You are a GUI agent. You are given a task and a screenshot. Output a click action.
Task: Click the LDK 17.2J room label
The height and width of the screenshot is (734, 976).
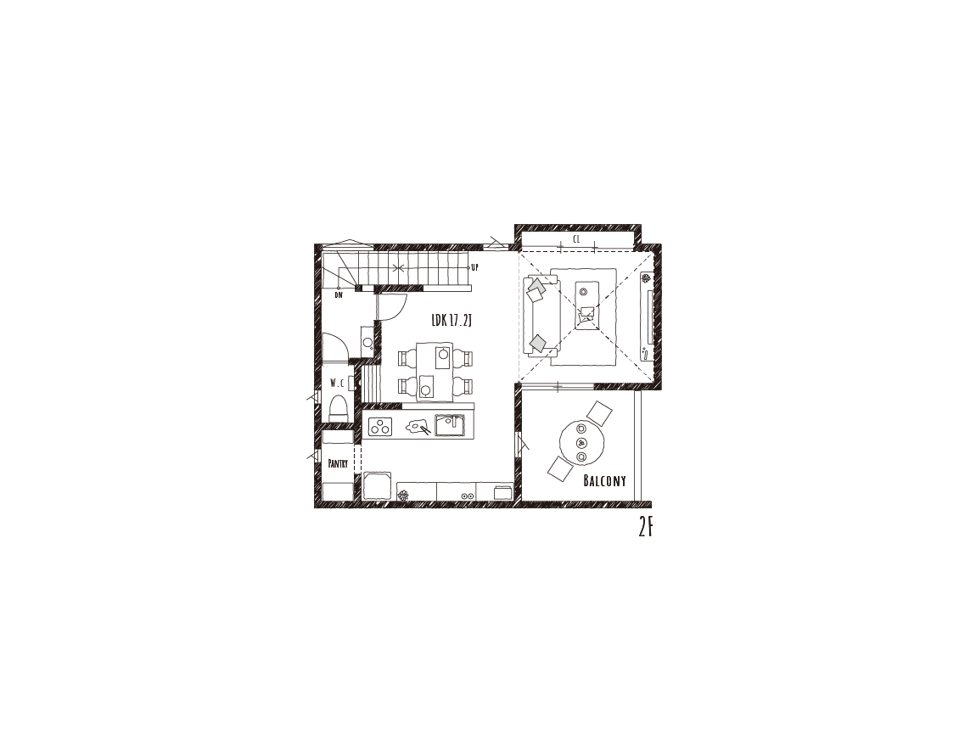(452, 321)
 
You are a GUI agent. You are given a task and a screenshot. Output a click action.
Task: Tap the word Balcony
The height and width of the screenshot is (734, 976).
(604, 480)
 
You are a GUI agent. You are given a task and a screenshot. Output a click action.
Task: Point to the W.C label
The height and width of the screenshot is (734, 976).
(337, 383)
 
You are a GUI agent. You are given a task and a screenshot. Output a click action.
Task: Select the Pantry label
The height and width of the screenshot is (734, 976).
(338, 463)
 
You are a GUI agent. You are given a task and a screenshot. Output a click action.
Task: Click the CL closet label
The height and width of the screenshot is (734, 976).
(576, 238)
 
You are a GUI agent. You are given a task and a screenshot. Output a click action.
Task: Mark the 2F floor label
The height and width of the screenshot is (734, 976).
(646, 528)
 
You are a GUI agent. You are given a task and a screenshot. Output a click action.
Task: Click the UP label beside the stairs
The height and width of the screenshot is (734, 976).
(474, 267)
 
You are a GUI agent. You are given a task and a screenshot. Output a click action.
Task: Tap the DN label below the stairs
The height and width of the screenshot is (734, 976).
(339, 295)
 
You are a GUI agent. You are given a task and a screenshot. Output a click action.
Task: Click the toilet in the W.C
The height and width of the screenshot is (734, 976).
(338, 408)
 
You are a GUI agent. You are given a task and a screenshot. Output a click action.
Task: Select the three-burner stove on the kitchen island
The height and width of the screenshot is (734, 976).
(379, 427)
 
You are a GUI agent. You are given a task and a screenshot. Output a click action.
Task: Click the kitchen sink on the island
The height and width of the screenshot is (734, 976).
(450, 425)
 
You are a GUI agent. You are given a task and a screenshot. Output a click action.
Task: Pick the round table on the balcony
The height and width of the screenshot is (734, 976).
(581, 443)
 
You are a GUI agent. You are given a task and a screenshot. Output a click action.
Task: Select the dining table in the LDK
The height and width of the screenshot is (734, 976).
(435, 371)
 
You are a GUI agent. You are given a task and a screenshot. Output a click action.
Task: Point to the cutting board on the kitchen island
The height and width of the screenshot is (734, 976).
(417, 427)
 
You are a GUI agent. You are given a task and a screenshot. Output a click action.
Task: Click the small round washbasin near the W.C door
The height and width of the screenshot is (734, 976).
(367, 341)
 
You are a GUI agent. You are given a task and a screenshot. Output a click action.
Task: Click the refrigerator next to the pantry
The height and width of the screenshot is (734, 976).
(377, 485)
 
